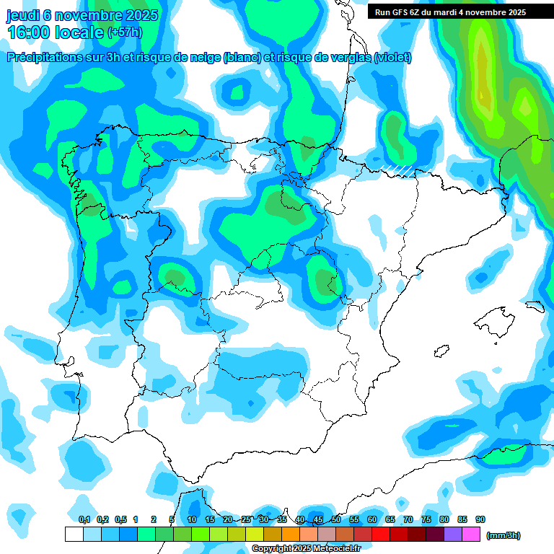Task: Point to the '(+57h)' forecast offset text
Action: (x=125, y=32)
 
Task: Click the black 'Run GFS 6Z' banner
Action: (x=450, y=12)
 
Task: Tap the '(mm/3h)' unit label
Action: (x=504, y=535)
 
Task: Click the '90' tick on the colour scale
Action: (x=480, y=519)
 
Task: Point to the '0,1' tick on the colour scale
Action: (x=84, y=519)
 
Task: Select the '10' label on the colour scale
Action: (x=192, y=519)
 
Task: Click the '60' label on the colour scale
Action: (x=372, y=519)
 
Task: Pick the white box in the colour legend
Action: (x=74, y=535)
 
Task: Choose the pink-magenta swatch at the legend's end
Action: (x=471, y=535)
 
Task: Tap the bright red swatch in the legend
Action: (x=381, y=535)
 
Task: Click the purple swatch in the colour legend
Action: (x=453, y=535)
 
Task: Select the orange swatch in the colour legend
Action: (x=291, y=535)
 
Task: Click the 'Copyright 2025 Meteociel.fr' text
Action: (x=307, y=549)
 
